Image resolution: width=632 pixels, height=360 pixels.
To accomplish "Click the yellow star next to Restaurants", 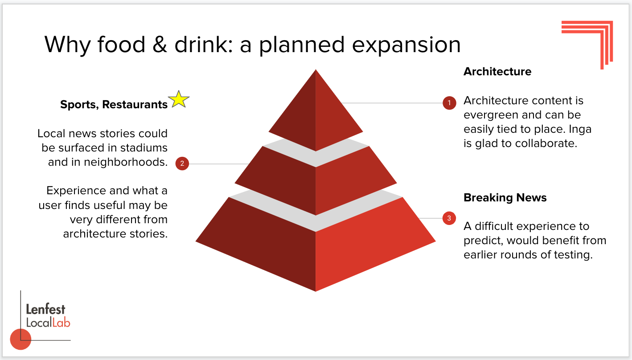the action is point(178,99).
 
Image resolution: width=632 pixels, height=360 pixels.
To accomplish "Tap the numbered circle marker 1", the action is point(449,103).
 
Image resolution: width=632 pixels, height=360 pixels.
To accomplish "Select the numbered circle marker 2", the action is point(182,164).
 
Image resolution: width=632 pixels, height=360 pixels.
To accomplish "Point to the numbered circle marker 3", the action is point(449,218).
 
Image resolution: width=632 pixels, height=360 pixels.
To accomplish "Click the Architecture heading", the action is point(497,72).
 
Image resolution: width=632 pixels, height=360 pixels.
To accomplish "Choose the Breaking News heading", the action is point(505,198).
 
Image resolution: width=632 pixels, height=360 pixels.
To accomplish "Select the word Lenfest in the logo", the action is point(45,309).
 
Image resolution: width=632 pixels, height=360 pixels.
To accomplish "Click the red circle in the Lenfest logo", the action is point(21,339).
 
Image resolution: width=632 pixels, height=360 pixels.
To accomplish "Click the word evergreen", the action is point(491,115).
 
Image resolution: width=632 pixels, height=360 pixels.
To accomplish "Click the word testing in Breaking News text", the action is point(571,255).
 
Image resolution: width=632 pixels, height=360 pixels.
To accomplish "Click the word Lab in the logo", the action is point(61,323).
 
